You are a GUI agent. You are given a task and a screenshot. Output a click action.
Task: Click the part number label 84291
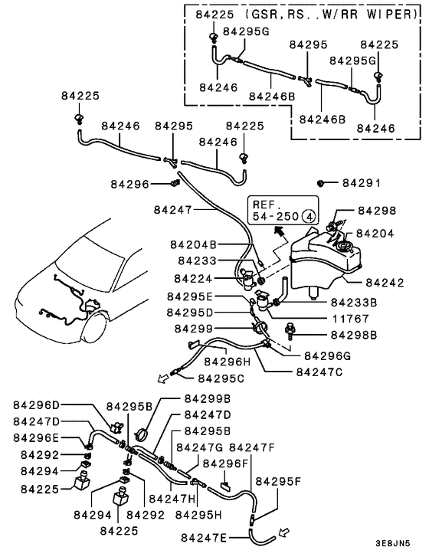coord(361,184)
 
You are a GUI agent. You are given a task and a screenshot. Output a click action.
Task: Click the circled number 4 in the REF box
coord(307,217)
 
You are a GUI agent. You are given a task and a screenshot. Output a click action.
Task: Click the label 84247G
coord(200,447)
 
